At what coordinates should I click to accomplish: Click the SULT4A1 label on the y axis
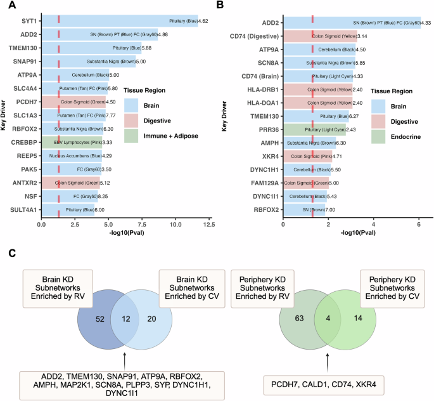click(22, 209)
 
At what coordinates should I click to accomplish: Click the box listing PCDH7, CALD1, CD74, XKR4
click(326, 384)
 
